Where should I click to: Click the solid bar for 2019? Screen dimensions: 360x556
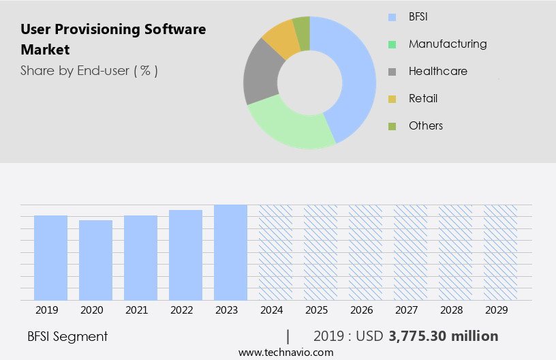(x=50, y=258)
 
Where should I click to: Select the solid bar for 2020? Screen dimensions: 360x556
(x=95, y=260)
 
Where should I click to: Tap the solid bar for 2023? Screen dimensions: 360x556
(x=230, y=252)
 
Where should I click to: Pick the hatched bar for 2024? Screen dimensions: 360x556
(x=275, y=252)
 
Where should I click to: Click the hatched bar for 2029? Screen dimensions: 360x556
(x=500, y=252)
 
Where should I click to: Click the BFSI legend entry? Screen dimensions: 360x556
(x=418, y=16)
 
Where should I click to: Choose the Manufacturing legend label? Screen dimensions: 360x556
(x=448, y=44)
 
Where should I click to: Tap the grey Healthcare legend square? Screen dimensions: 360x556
(x=392, y=72)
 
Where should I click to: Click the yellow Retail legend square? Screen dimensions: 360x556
(x=392, y=99)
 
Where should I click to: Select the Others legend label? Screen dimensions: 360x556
(x=426, y=125)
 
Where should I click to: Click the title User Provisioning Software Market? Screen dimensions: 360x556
(x=112, y=40)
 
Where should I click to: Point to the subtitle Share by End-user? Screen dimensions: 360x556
(x=89, y=70)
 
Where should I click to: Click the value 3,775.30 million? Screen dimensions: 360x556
(x=443, y=336)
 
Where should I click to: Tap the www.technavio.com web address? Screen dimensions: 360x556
(x=285, y=352)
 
